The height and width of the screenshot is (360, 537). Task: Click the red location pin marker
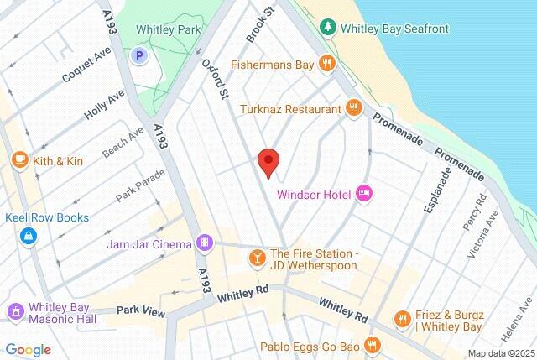[x=268, y=161]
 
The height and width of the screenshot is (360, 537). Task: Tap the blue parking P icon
[x=139, y=55]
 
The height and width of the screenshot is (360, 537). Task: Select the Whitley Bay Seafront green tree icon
[x=327, y=29]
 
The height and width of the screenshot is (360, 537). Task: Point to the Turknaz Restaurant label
[x=290, y=109]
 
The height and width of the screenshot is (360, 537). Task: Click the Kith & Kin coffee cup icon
[x=19, y=159]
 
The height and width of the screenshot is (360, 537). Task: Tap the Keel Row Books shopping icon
[x=29, y=236]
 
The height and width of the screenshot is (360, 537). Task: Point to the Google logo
[x=28, y=349]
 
